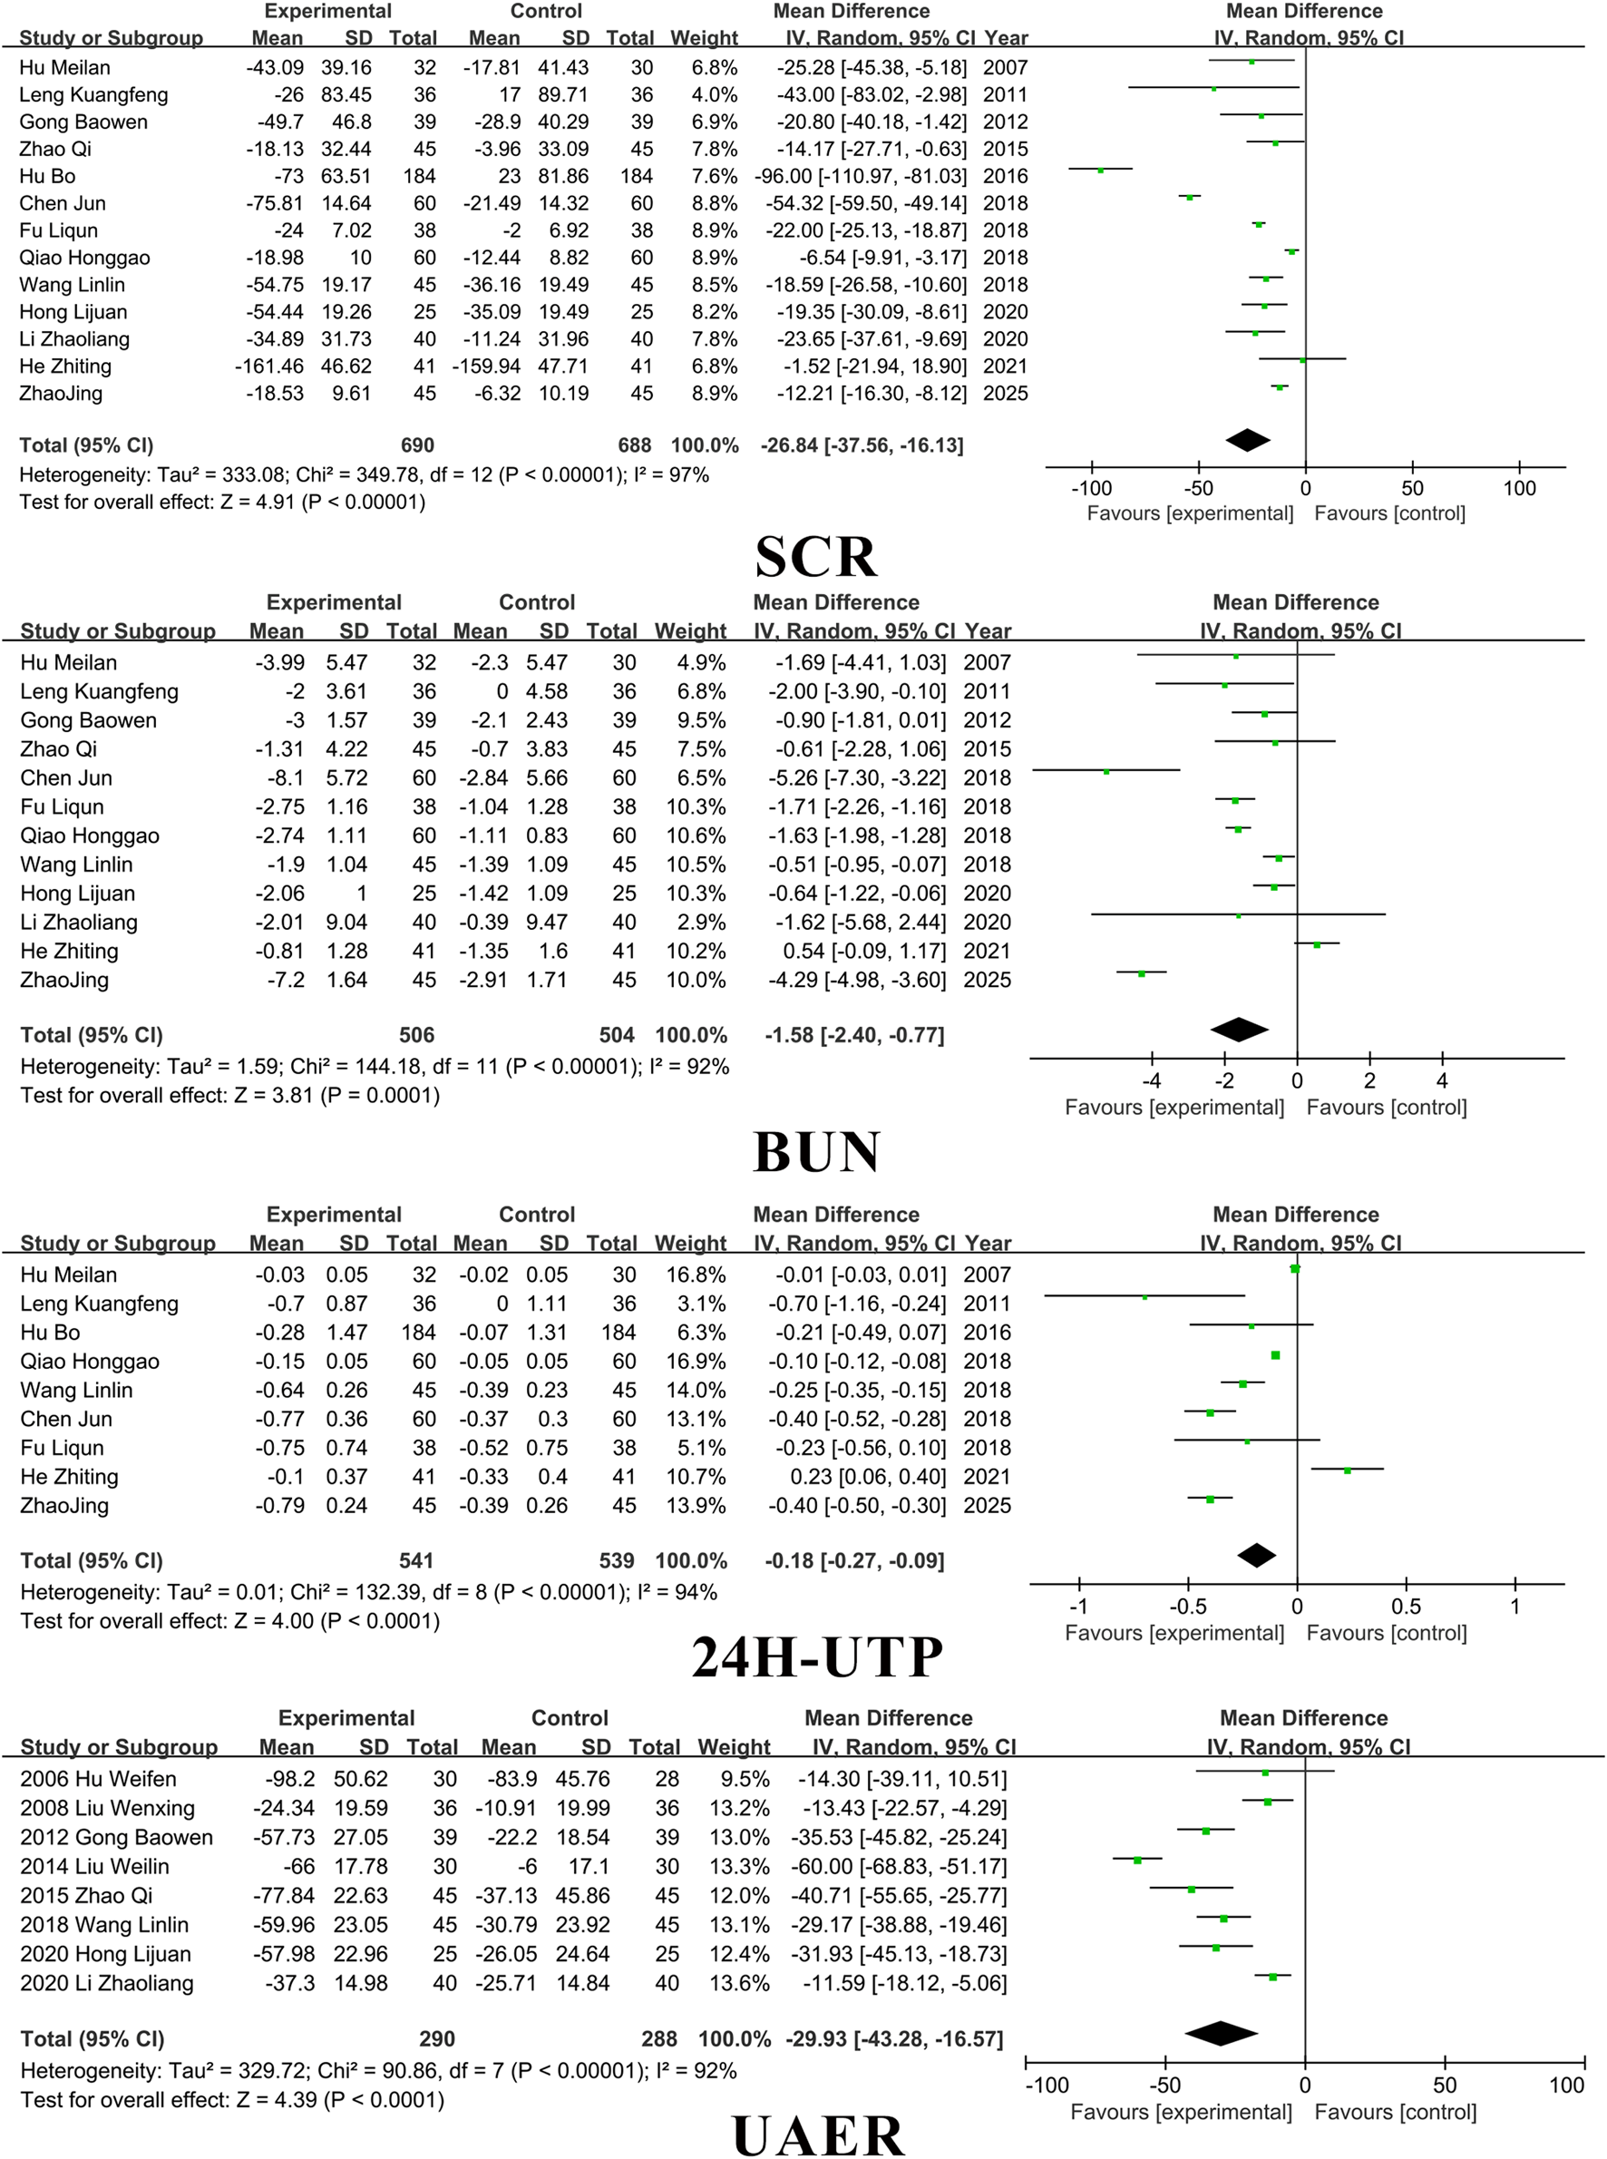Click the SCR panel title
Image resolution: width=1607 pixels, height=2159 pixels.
click(816, 558)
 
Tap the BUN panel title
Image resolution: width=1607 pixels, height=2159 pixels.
click(816, 1152)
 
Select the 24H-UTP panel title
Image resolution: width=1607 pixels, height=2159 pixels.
click(816, 1657)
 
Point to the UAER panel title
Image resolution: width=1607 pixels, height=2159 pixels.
click(817, 2135)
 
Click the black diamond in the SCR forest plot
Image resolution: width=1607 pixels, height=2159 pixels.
click(1248, 440)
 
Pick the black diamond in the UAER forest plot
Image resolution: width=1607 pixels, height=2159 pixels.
click(1221, 2034)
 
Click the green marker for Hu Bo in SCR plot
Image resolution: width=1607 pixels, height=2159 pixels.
click(1100, 170)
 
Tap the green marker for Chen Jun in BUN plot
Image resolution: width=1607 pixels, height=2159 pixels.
click(1106, 772)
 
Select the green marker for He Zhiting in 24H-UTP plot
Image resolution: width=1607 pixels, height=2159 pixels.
click(1348, 1470)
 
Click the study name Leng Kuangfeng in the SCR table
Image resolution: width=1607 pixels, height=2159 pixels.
click(93, 95)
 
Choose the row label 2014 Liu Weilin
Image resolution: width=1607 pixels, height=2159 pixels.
click(94, 1866)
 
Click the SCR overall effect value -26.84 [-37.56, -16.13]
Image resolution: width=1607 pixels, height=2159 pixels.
click(862, 445)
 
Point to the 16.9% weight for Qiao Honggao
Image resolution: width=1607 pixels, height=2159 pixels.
click(696, 1362)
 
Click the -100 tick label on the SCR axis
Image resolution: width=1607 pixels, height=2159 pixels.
click(1090, 488)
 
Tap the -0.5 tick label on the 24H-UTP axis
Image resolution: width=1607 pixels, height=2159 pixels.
click(1188, 1607)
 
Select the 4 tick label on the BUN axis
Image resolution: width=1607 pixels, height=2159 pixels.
click(1442, 1081)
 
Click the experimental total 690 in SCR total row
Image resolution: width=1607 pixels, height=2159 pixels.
click(417, 445)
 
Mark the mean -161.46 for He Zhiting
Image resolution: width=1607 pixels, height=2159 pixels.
click(268, 366)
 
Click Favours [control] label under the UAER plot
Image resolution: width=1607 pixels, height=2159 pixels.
click(1395, 2113)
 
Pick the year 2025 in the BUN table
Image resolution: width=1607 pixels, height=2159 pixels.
click(988, 980)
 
